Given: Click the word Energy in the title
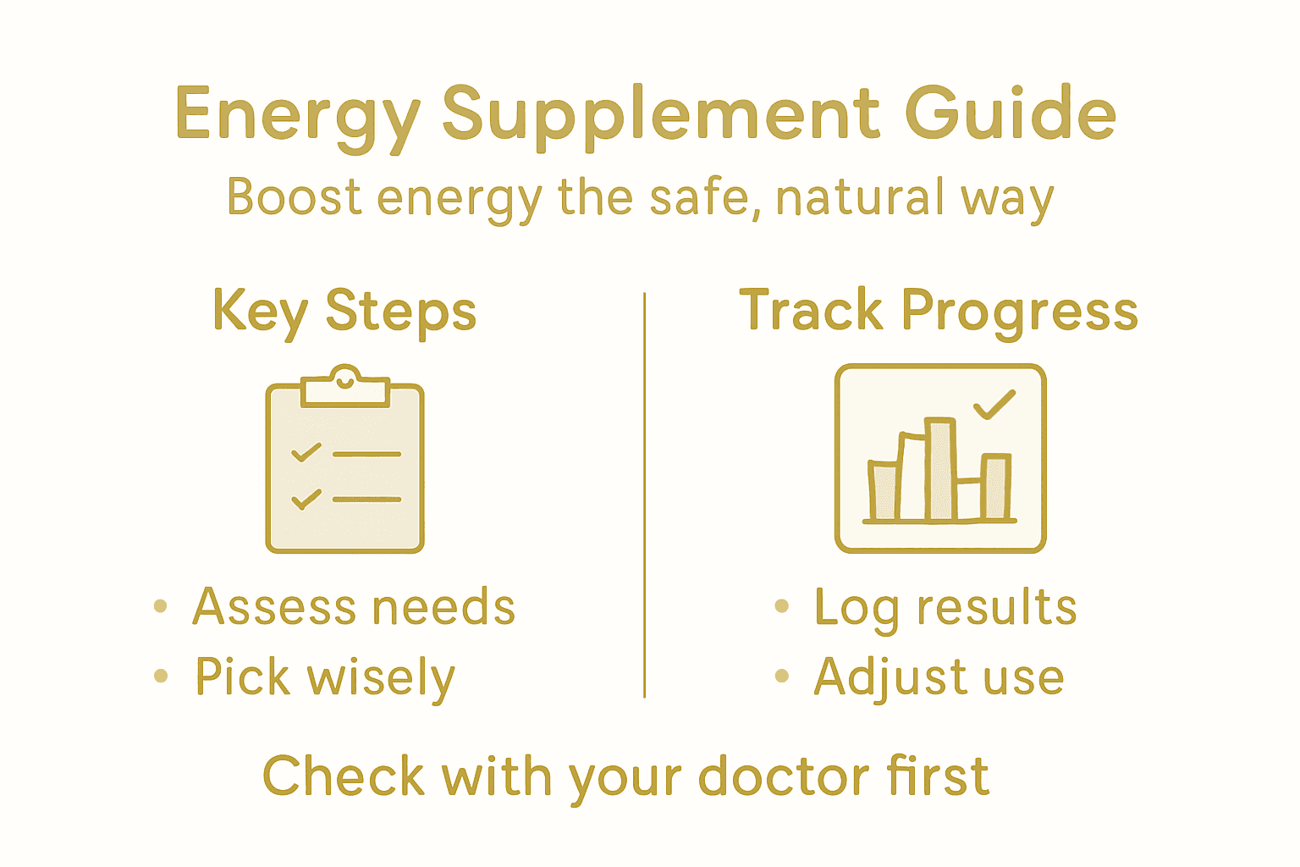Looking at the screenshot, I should click(x=297, y=115).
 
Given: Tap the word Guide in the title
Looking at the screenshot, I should click(x=1011, y=113).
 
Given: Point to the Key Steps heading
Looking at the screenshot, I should click(x=344, y=312).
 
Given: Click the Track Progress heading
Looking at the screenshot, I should click(x=939, y=312).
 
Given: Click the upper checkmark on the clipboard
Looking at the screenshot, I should click(x=306, y=452).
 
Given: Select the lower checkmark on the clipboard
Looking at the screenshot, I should click(x=306, y=499).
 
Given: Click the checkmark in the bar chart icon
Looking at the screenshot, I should click(x=994, y=405).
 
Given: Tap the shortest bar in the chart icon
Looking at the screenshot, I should click(x=968, y=499).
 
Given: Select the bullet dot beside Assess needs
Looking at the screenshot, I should click(x=161, y=606).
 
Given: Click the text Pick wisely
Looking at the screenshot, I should click(x=325, y=677).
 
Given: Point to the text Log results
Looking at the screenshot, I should click(x=945, y=607).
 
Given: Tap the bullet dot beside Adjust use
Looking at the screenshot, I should click(x=782, y=676).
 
